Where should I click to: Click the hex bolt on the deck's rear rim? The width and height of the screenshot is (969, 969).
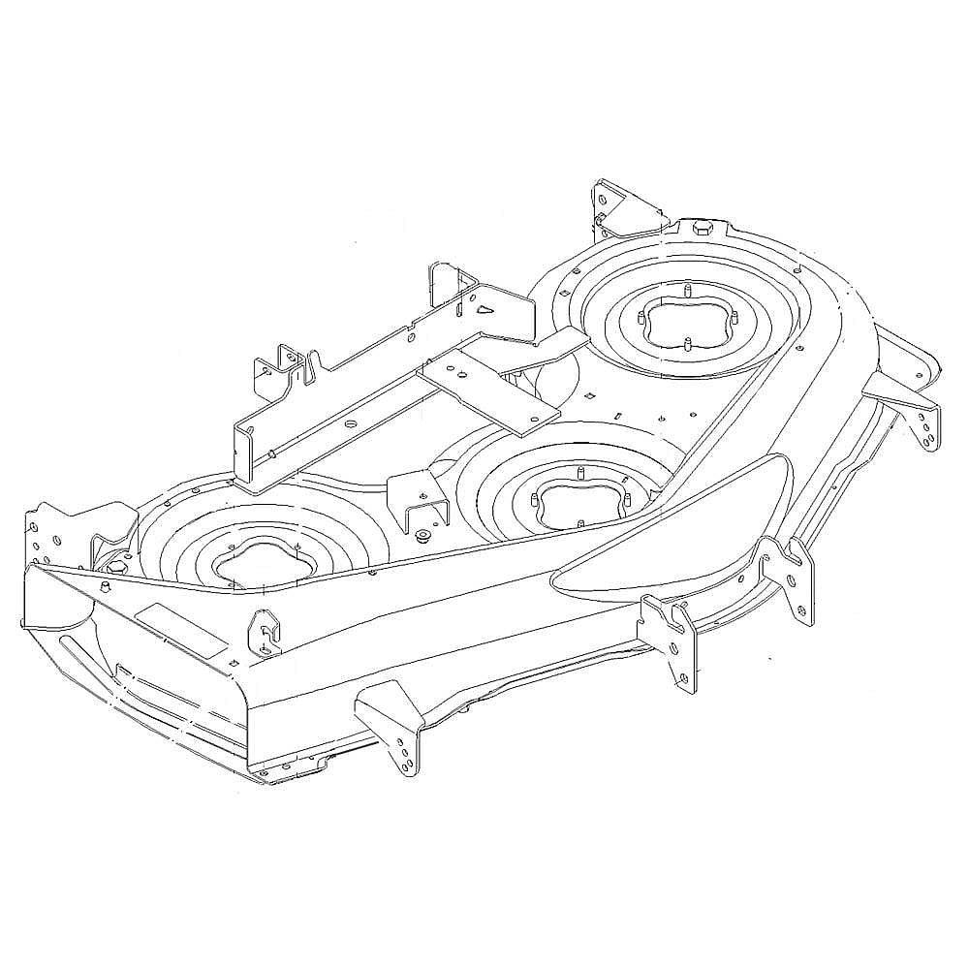click(x=701, y=228)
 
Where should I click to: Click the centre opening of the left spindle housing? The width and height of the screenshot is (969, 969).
click(x=259, y=567)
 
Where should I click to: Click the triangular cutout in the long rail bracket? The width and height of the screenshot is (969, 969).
click(x=484, y=309)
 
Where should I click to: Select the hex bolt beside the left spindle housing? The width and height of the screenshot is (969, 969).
click(x=110, y=566)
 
